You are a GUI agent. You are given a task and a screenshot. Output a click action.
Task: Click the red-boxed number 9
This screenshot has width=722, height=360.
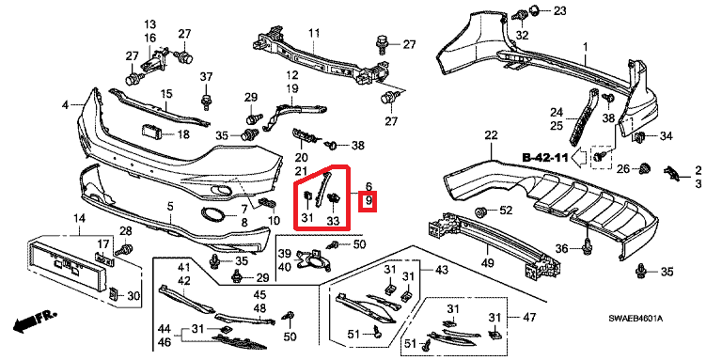coord(369,201)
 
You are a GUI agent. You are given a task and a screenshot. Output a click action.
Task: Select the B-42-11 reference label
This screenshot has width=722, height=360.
coord(544,158)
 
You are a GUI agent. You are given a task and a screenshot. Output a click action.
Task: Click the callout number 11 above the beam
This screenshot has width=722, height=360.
coord(314,33)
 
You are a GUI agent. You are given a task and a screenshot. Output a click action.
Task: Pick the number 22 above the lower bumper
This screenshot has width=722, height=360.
coord(492,135)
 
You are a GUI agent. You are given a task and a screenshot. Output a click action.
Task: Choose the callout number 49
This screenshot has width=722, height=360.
coord(487,263)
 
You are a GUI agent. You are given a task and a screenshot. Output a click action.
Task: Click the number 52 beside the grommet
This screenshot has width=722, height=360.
coord(506,211)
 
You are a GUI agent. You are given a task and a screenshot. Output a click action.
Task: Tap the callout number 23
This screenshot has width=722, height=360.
coord(560,10)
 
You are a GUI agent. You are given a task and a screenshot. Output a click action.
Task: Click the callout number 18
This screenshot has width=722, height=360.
coord(183,134)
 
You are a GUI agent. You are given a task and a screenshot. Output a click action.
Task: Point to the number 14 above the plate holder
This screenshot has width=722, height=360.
coord(79,218)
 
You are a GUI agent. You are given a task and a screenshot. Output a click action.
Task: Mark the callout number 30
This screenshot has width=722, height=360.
coord(134,296)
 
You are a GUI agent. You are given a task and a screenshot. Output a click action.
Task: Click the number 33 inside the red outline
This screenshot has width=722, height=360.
coord(333,222)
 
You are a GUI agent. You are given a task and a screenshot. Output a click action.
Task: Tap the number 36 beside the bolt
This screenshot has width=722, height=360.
coord(562,249)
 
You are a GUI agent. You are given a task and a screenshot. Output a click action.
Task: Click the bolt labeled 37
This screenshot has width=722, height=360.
coord(206,100)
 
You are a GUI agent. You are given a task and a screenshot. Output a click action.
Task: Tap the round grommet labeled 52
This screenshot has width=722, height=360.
coord(481,212)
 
